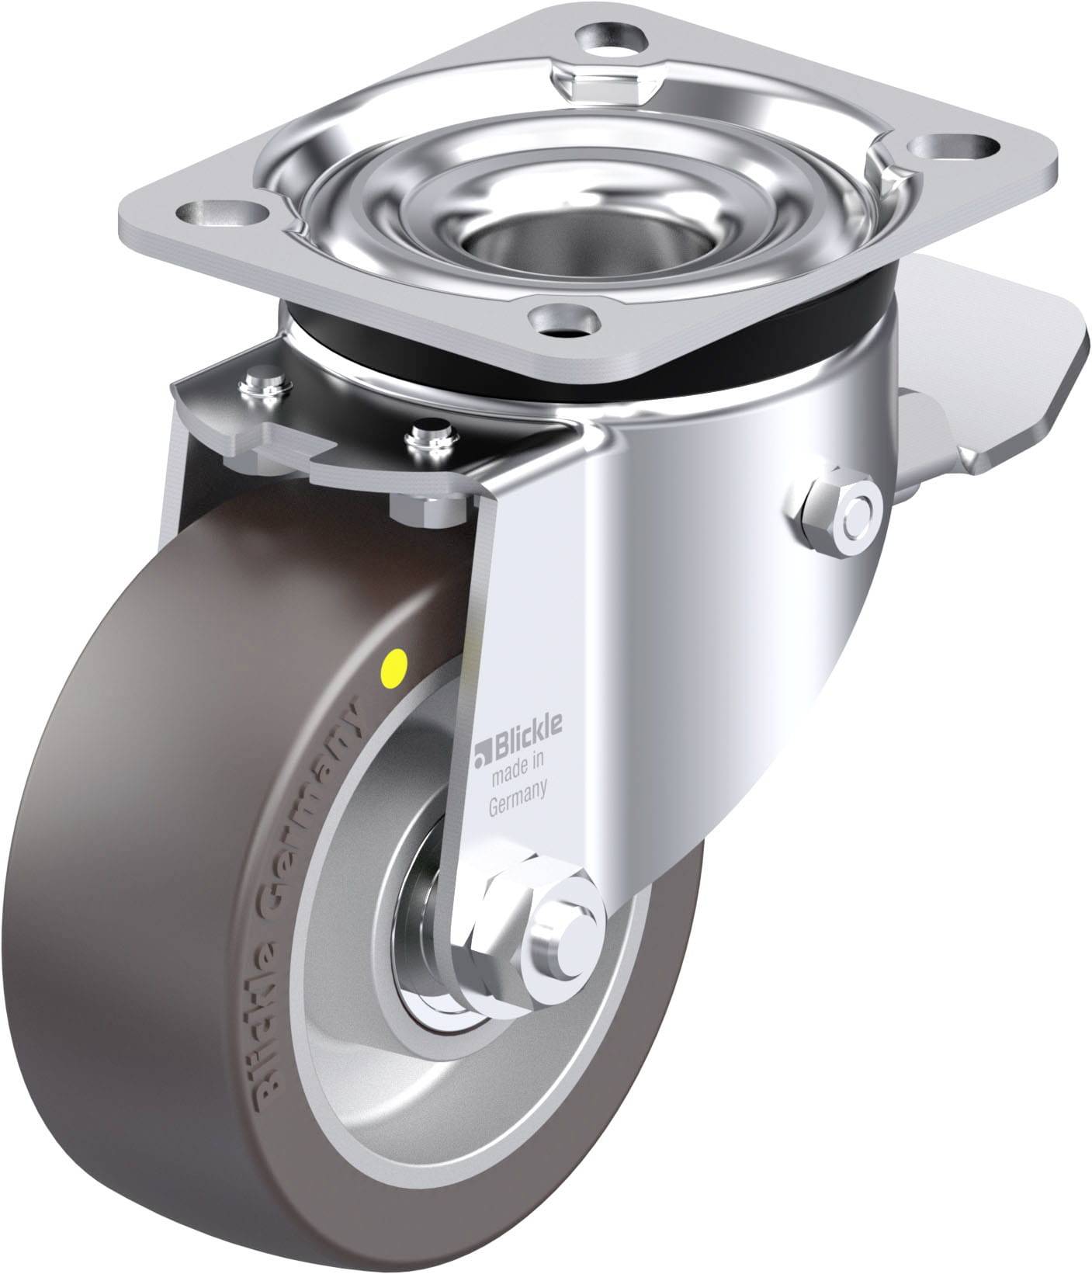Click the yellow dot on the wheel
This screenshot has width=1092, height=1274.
[396, 664]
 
